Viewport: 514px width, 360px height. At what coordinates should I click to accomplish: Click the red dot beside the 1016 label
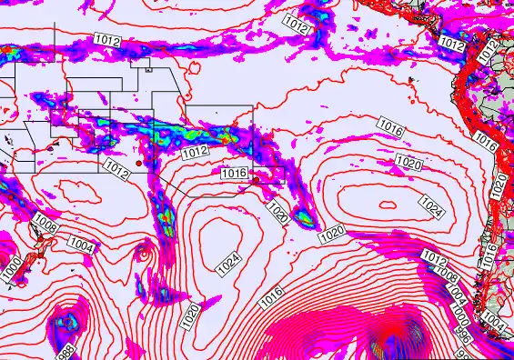click(x=256, y=180)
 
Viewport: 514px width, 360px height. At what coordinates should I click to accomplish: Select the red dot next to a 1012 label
click(x=138, y=163)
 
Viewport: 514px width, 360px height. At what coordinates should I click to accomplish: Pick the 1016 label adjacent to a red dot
click(x=234, y=173)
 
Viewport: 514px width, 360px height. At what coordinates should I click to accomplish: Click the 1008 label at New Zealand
click(x=46, y=223)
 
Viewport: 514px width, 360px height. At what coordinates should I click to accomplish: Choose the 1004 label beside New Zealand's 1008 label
click(x=81, y=245)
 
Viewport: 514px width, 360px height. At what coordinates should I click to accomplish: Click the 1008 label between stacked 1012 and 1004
click(x=446, y=273)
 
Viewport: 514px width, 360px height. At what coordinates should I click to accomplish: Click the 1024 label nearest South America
click(x=432, y=205)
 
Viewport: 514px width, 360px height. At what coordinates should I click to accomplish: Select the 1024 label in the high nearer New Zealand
click(x=229, y=263)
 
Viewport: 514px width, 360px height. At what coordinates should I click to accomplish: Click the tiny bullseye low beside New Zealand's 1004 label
click(x=142, y=251)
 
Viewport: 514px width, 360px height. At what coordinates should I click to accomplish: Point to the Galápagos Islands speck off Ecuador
click(x=412, y=80)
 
